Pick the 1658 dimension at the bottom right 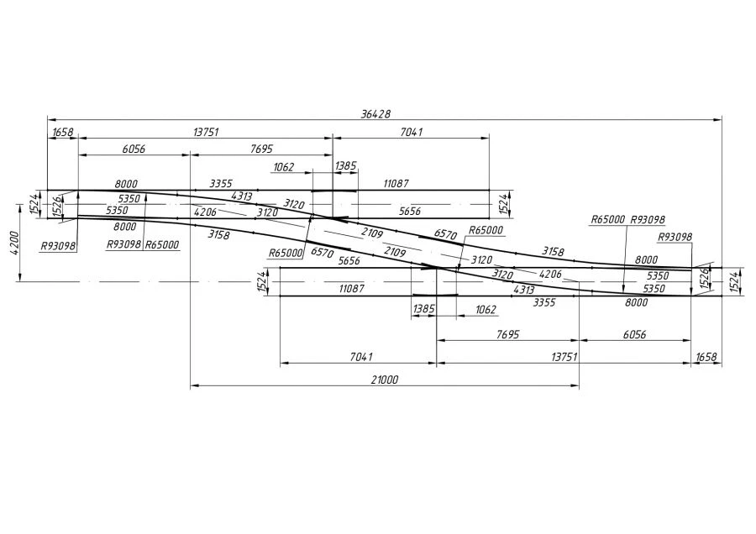tap(706, 358)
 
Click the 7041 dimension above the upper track tap(411, 132)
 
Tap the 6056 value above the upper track tap(134, 149)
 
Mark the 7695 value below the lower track tap(507, 333)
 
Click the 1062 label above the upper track tap(283, 167)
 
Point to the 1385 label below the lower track tap(423, 310)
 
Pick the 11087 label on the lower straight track tap(351, 288)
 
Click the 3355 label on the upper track tap(221, 183)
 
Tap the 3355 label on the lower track tap(544, 301)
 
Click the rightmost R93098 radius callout tap(675, 237)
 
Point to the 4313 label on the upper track tap(242, 196)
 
